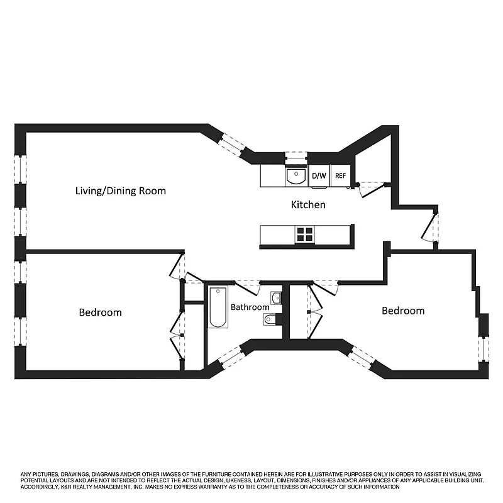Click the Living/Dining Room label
(120, 191)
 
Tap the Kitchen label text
(308, 205)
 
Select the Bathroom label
(250, 307)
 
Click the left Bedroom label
(100, 312)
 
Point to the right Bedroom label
(403, 311)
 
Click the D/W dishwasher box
(319, 176)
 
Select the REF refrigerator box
(340, 176)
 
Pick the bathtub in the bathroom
(218, 307)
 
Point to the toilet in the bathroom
(270, 319)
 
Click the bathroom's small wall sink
(276, 297)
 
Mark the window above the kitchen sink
(296, 157)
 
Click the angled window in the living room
(233, 143)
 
